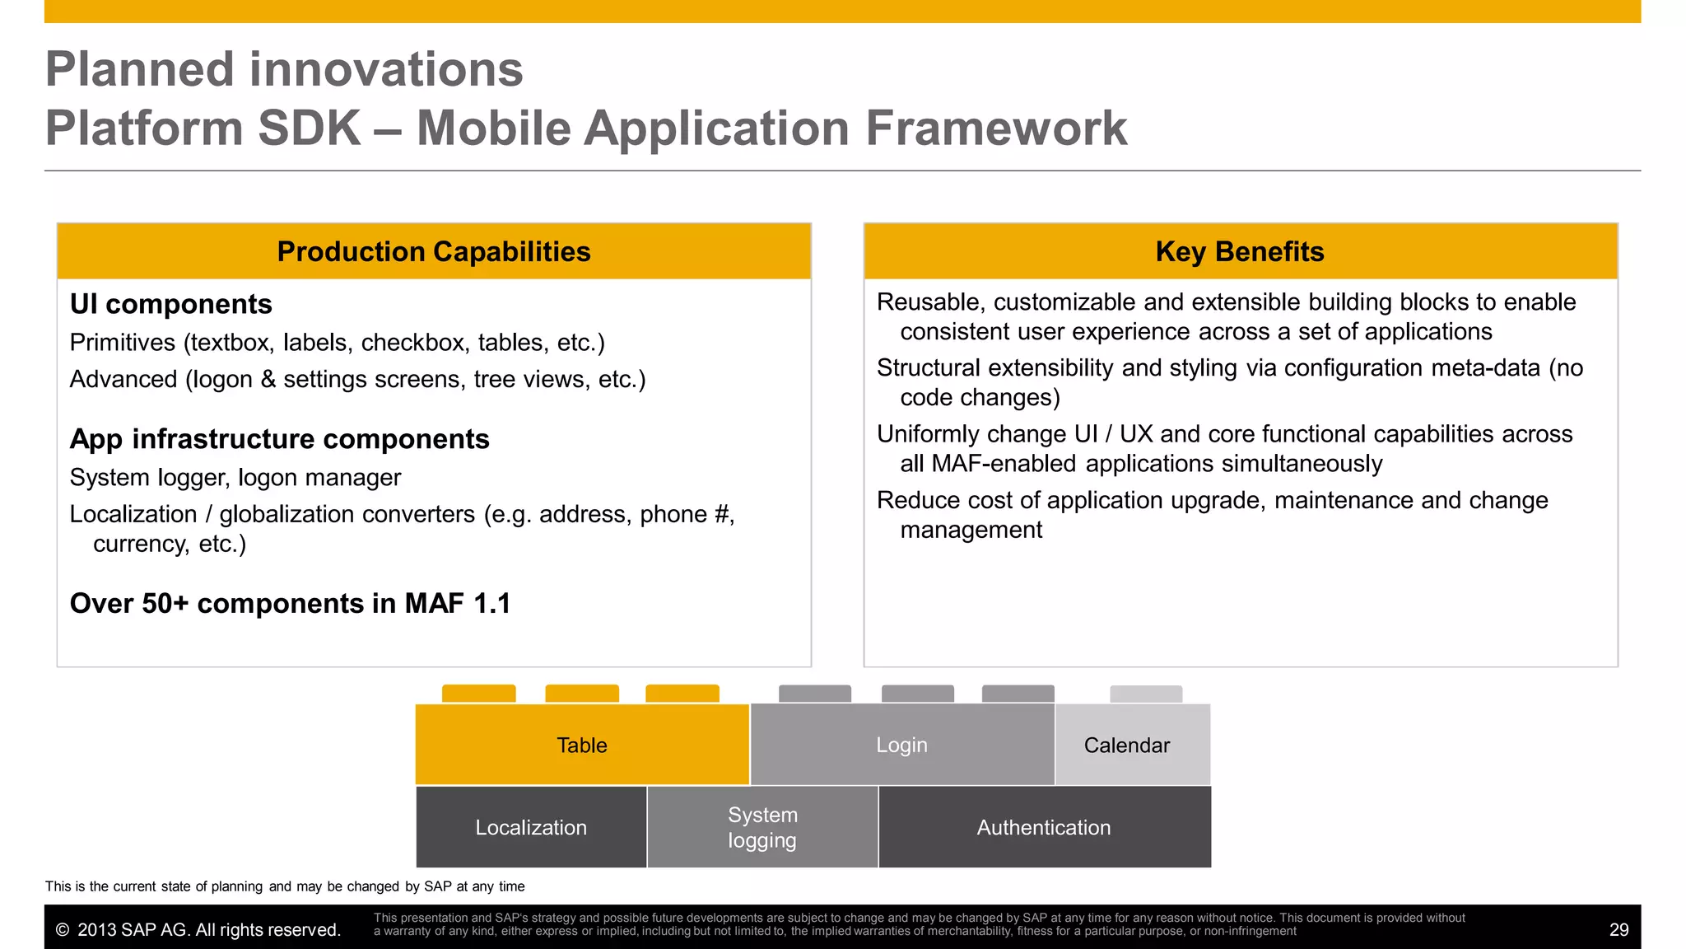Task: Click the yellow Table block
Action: pyautogui.click(x=582, y=745)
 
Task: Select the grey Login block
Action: pyautogui.click(x=901, y=745)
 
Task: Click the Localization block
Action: pyautogui.click(x=531, y=827)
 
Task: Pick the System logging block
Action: pyautogui.click(x=762, y=827)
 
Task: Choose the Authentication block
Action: pyautogui.click(x=1044, y=827)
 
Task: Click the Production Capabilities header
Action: pyautogui.click(x=434, y=251)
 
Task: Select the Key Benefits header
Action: pyautogui.click(x=1240, y=251)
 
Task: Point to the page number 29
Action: pyautogui.click(x=1618, y=930)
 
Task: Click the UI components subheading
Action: pyautogui.click(x=170, y=304)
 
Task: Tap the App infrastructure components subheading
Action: pyautogui.click(x=279, y=439)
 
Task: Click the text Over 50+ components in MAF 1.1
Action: pyautogui.click(x=290, y=604)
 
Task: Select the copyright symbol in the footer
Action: pyautogui.click(x=62, y=930)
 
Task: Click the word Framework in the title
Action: pyautogui.click(x=995, y=129)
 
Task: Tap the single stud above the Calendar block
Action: pyautogui.click(x=1145, y=694)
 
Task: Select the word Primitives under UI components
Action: pyautogui.click(x=123, y=343)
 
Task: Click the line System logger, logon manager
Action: pyautogui.click(x=235, y=478)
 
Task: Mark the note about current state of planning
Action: pyautogui.click(x=285, y=886)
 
